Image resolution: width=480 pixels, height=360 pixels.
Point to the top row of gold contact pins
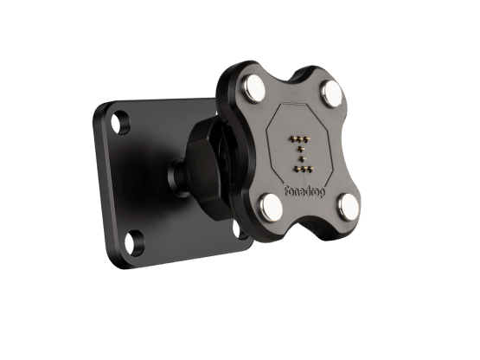(x=300, y=138)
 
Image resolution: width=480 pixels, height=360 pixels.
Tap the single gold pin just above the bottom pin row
(x=302, y=160)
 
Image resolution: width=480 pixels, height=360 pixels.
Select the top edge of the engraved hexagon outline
(x=299, y=106)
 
